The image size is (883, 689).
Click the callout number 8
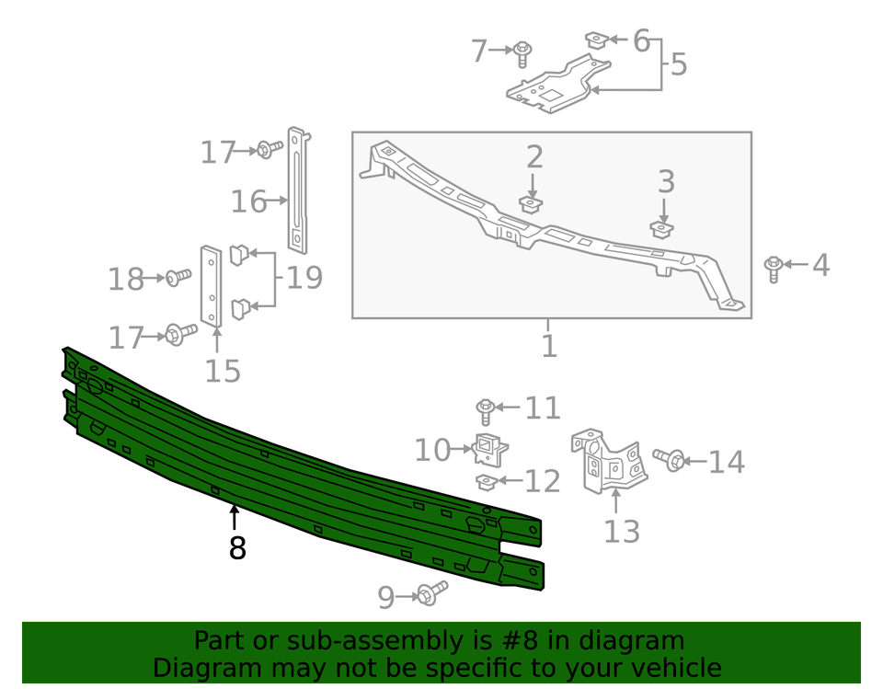coord(237,548)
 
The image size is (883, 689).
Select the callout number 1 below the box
coord(549,346)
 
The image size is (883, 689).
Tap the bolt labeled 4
coord(774,268)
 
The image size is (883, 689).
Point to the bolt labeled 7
coord(522,52)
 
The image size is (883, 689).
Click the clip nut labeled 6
coord(596,40)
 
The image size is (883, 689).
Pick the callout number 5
coord(678,64)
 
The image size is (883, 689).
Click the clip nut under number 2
coord(530,203)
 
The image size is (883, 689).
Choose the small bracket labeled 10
coord(490,448)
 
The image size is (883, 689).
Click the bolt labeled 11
coord(487,409)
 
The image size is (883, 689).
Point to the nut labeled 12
coord(487,482)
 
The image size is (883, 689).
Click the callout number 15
coord(222,371)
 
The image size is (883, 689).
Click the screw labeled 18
coord(178,277)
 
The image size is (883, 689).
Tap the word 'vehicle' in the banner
coord(669,668)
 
